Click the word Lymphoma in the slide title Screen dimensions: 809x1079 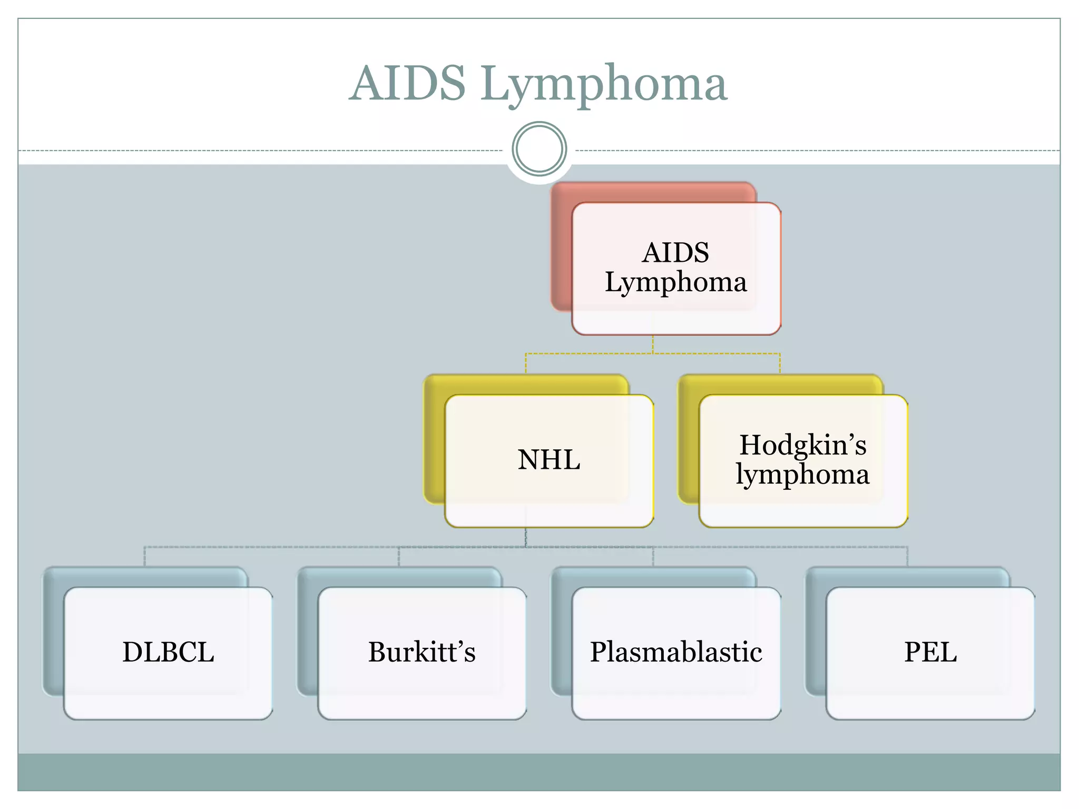pyautogui.click(x=603, y=84)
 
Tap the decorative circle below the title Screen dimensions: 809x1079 pyautogui.click(x=539, y=149)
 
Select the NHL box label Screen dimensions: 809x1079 pyautogui.click(x=548, y=460)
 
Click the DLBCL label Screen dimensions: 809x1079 pyautogui.click(x=168, y=652)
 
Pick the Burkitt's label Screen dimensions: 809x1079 pyautogui.click(x=421, y=652)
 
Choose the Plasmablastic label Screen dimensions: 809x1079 pyautogui.click(x=675, y=652)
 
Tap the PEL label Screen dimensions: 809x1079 pyautogui.click(x=930, y=652)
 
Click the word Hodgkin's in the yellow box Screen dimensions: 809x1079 pyautogui.click(x=802, y=445)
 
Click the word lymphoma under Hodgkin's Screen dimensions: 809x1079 pyautogui.click(x=802, y=475)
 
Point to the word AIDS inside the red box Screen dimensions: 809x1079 pyautogui.click(x=675, y=253)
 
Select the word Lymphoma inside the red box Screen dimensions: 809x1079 pyautogui.click(x=675, y=282)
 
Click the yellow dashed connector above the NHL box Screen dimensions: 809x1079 pyautogui.click(x=526, y=363)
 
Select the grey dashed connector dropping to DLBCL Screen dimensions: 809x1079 pyautogui.click(x=145, y=556)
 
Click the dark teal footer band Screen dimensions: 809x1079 pyautogui.click(x=539, y=772)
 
